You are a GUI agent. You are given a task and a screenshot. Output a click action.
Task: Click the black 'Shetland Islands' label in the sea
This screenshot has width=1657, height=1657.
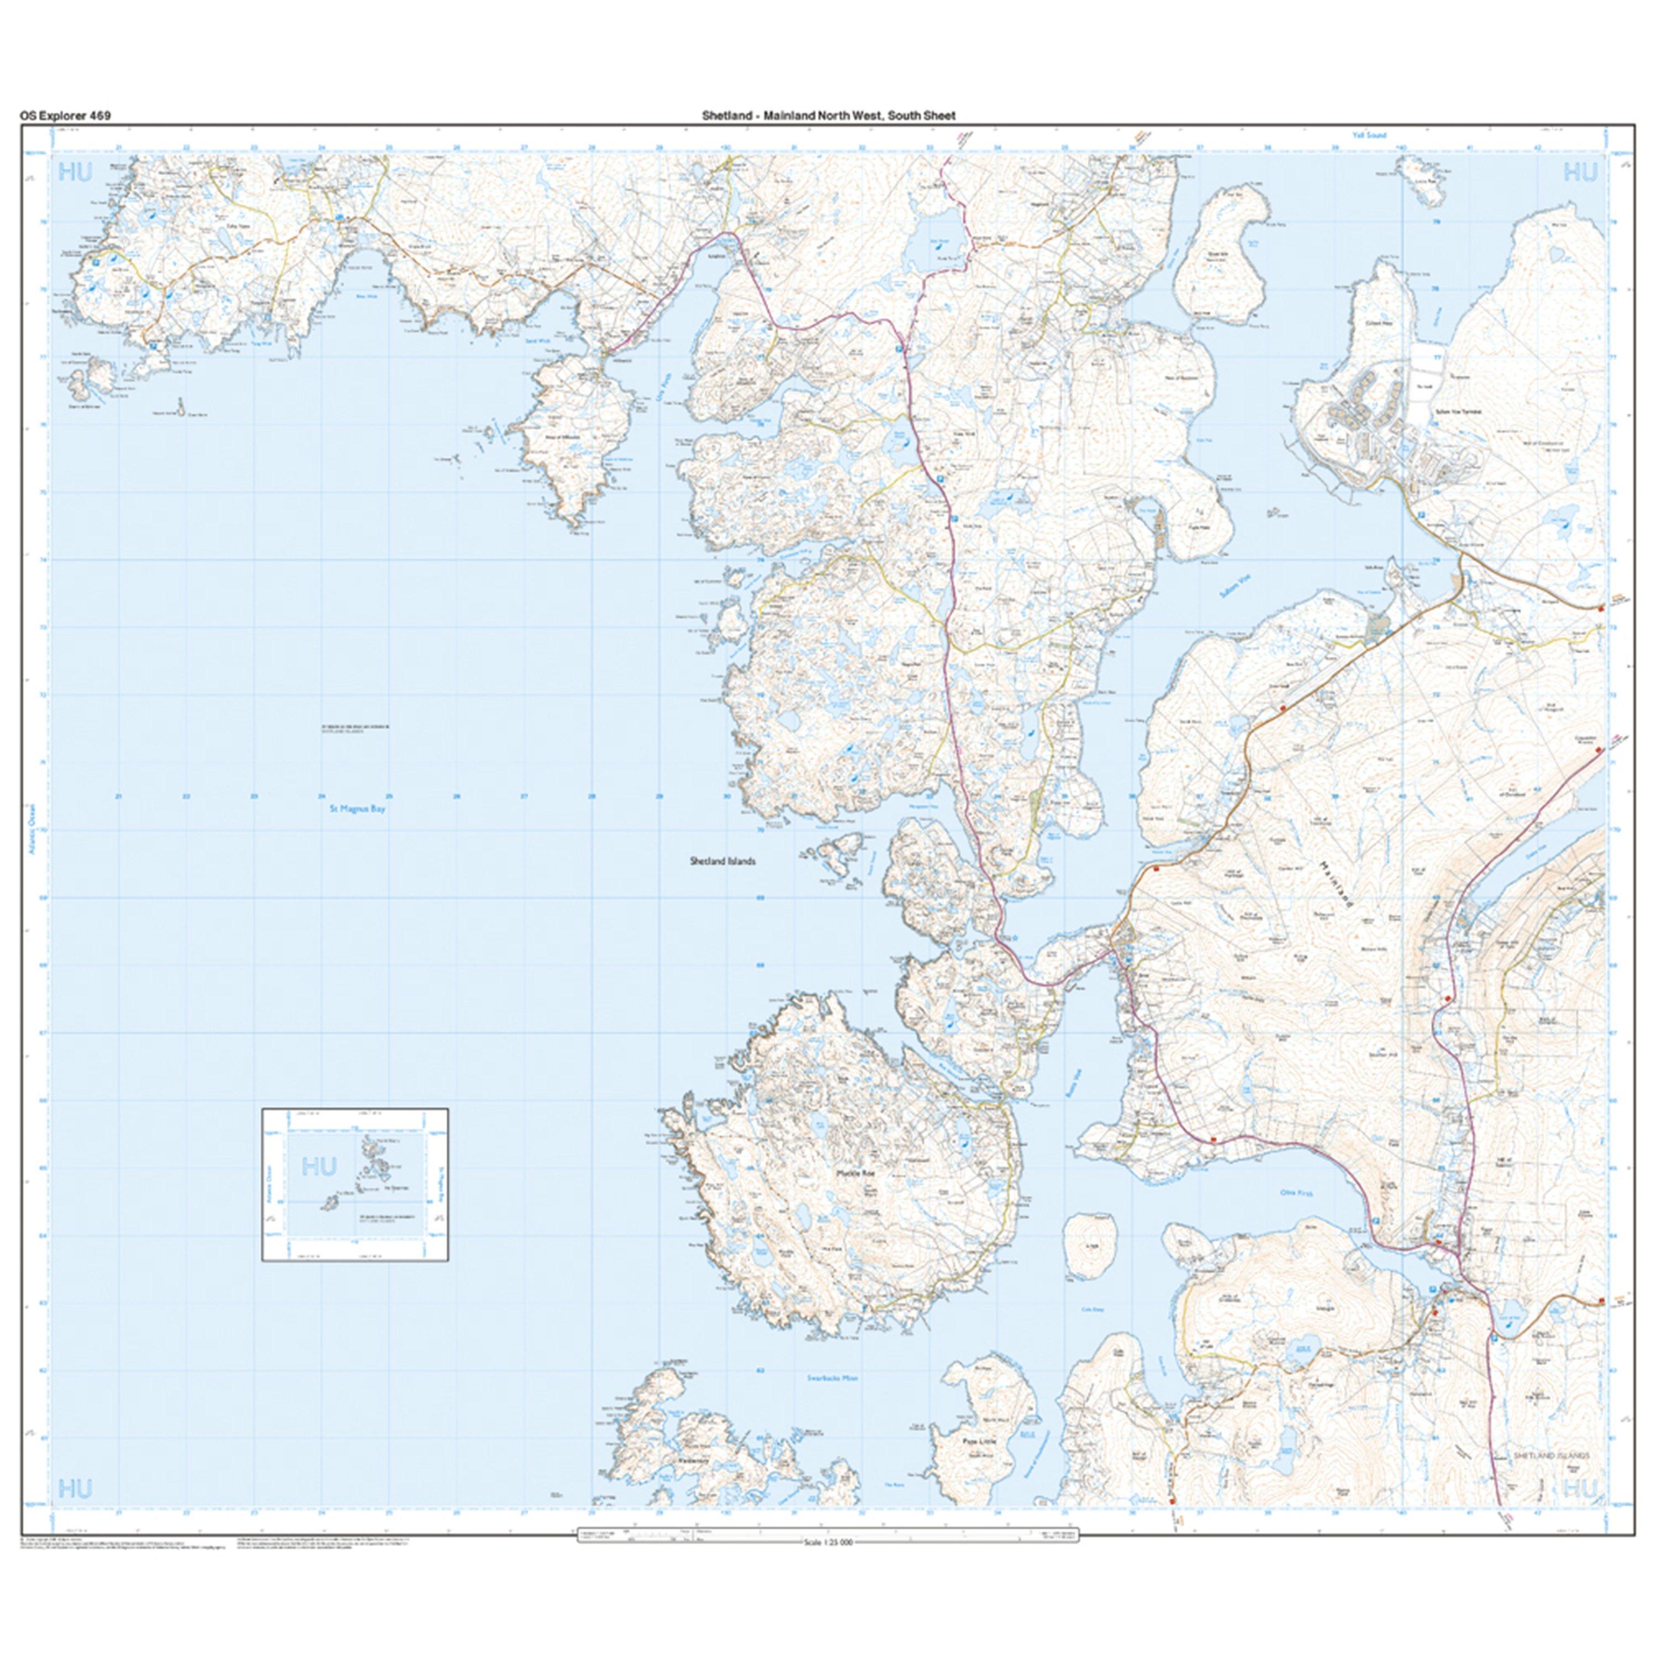pos(722,861)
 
